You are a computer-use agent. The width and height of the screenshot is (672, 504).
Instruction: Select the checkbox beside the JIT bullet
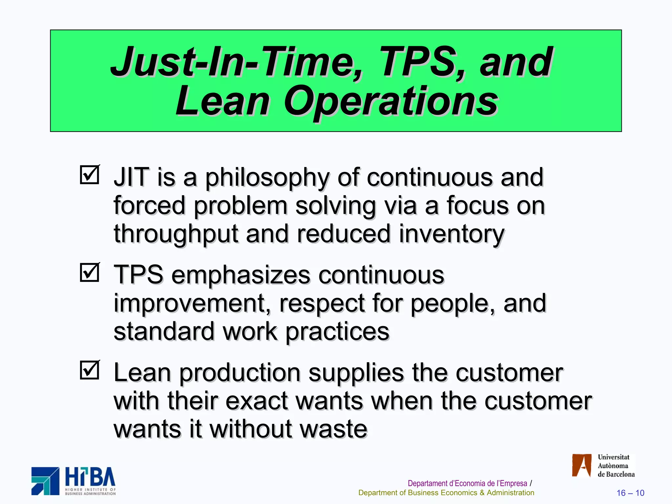pyautogui.click(x=89, y=175)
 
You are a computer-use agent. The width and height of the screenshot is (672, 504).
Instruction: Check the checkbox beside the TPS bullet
pyautogui.click(x=89, y=273)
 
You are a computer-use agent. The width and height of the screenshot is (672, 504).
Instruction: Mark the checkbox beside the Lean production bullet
pyautogui.click(x=89, y=370)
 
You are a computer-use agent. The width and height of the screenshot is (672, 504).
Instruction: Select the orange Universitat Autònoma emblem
pyautogui.click(x=581, y=465)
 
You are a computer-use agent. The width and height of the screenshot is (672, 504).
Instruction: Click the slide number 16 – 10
pyautogui.click(x=630, y=493)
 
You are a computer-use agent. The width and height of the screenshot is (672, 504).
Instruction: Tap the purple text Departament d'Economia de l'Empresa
pyautogui.click(x=467, y=483)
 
